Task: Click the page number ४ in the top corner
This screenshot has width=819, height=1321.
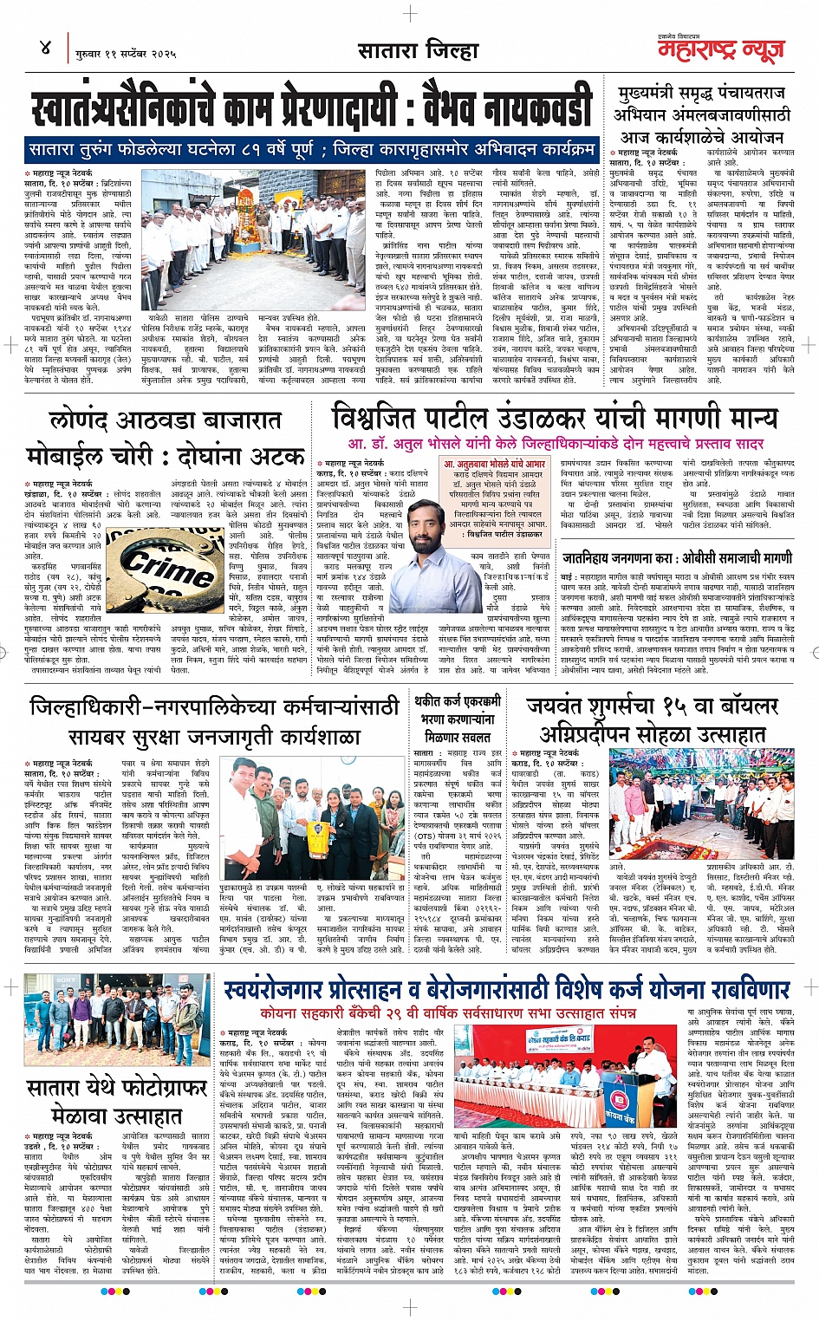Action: point(46,47)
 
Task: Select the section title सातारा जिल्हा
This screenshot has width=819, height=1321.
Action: point(418,50)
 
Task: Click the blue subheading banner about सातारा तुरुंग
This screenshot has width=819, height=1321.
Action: point(312,149)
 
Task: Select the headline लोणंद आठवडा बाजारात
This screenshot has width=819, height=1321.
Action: point(165,421)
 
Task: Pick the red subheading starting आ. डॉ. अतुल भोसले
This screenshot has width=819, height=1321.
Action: point(556,444)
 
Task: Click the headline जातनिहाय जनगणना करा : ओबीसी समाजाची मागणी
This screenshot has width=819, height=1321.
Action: point(676,557)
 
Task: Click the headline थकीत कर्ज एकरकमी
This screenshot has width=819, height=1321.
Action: point(457,700)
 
